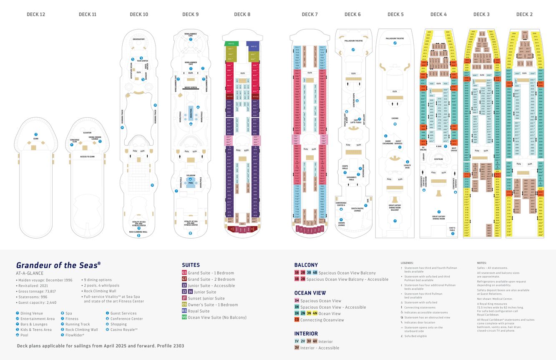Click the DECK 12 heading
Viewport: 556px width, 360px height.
(x=36, y=15)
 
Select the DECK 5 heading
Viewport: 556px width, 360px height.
(x=395, y=15)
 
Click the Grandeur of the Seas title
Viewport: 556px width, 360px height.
(x=58, y=265)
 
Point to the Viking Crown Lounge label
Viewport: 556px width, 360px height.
(x=95, y=138)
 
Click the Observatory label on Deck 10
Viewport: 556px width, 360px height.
(x=139, y=39)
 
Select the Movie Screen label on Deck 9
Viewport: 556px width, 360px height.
(x=191, y=88)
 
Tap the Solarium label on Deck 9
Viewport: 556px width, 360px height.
(x=191, y=175)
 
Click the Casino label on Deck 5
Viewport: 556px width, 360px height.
(x=395, y=118)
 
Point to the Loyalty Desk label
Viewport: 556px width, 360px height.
(x=407, y=166)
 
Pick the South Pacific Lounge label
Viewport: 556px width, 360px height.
(x=357, y=209)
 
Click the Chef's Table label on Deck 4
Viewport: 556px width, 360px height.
(x=453, y=229)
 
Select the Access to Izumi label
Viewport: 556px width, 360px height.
(x=88, y=156)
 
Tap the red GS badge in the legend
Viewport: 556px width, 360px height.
(x=184, y=273)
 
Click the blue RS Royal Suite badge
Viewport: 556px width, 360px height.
(x=184, y=311)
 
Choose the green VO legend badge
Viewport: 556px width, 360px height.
(x=184, y=317)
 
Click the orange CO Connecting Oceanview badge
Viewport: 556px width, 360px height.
(x=297, y=320)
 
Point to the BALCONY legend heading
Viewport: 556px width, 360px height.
(x=306, y=265)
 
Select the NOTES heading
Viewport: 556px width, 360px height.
(x=482, y=263)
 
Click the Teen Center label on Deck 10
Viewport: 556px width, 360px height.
(x=143, y=61)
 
